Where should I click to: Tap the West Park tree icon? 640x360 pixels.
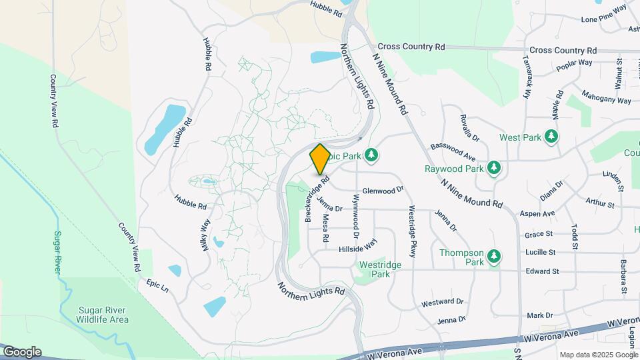coord(551,137)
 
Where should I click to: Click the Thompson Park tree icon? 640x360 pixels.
coord(494,256)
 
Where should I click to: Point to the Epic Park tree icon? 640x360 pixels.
coord(372,155)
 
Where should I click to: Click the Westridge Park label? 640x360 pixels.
coord(380,269)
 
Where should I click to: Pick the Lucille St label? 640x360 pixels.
coord(540,252)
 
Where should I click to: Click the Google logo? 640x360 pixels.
coord(22,351)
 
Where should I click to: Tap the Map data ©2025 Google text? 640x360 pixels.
coord(597,355)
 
